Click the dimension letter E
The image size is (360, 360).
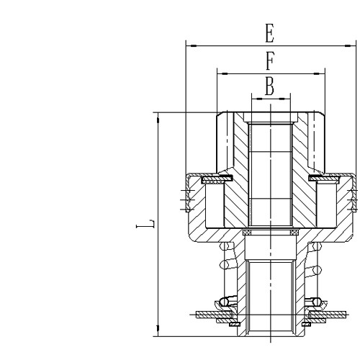point(270,34)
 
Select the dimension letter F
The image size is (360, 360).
point(270,60)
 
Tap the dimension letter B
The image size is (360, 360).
point(270,86)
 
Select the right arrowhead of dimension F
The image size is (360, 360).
point(322,73)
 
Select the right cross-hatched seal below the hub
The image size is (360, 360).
point(294,233)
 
